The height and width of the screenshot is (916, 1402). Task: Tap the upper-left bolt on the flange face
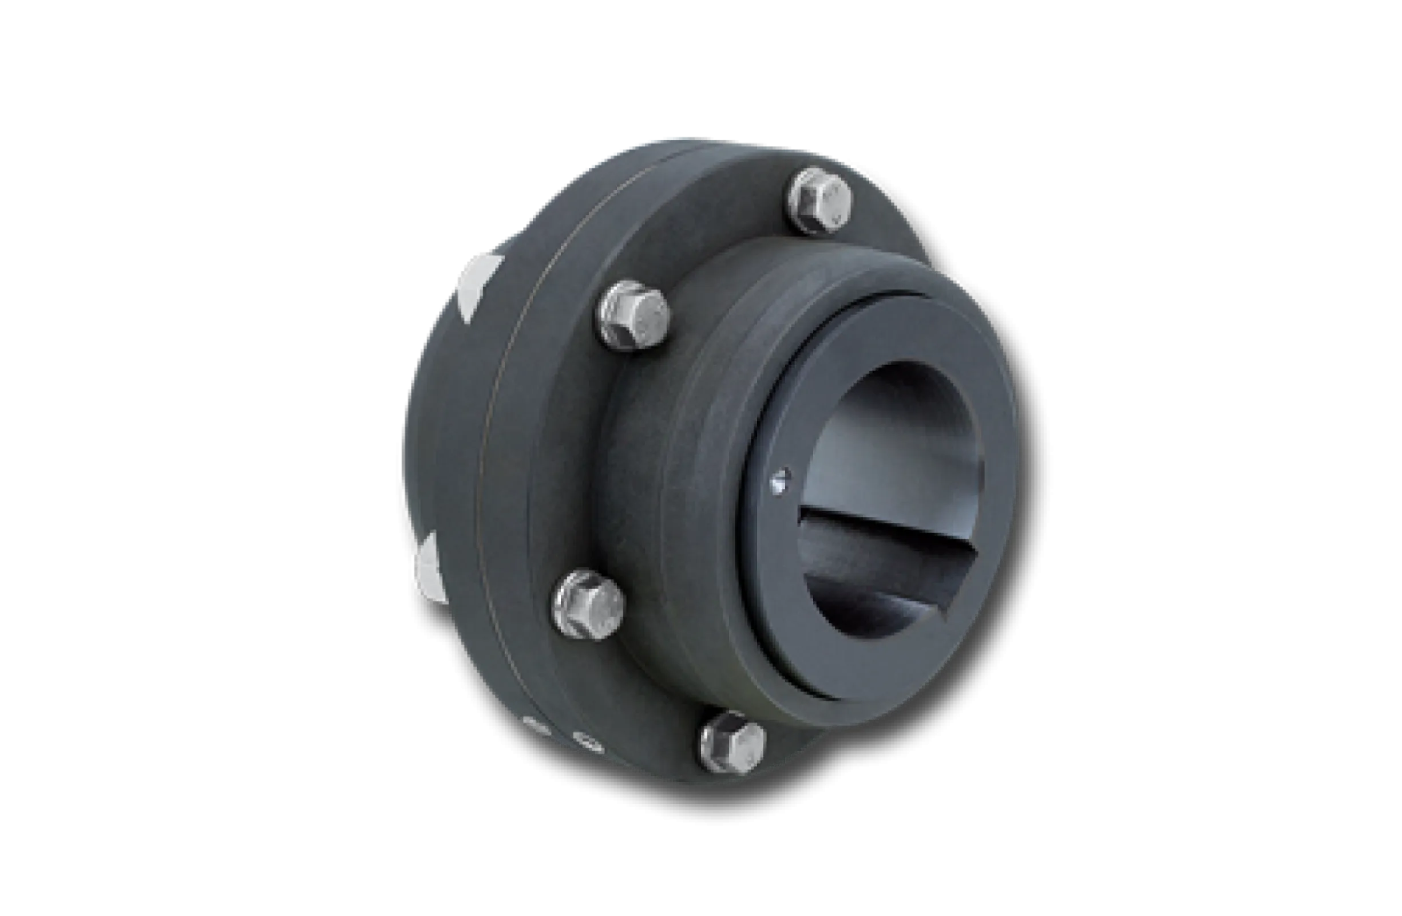635,317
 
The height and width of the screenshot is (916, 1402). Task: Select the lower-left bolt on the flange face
588,604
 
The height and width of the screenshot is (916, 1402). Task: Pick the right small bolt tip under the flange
586,741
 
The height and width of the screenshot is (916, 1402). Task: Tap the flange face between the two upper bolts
719,247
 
